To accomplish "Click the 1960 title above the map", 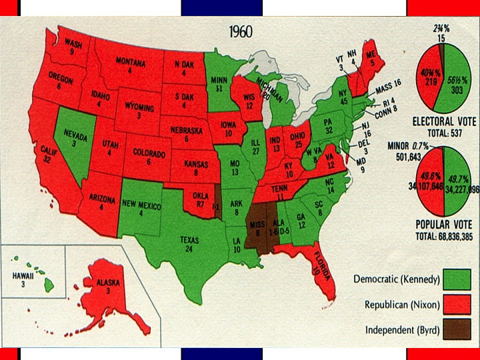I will coord(241,32).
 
